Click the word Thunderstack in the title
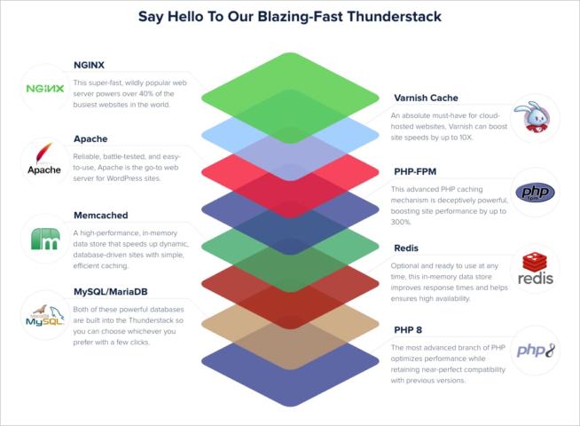pyautogui.click(x=394, y=17)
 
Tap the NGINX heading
pyautogui.click(x=89, y=65)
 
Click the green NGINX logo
pyautogui.click(x=45, y=89)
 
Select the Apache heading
pyautogui.click(x=90, y=138)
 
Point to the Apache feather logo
pyautogui.click(x=44, y=158)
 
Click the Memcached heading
pyautogui.click(x=100, y=215)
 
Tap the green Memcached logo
pyautogui.click(x=45, y=239)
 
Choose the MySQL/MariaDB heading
pyautogui.click(x=111, y=292)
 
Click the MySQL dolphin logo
pyautogui.click(x=44, y=315)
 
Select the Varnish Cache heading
pyautogui.click(x=426, y=98)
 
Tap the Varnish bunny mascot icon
pyautogui.click(x=535, y=117)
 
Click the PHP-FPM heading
pyautogui.click(x=415, y=171)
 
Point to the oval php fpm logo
pyautogui.click(x=535, y=193)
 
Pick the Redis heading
pyautogui.click(x=406, y=248)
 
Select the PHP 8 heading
pyautogui.click(x=408, y=330)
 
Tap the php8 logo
pyautogui.click(x=536, y=351)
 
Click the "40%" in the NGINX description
pyautogui.click(x=146, y=94)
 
